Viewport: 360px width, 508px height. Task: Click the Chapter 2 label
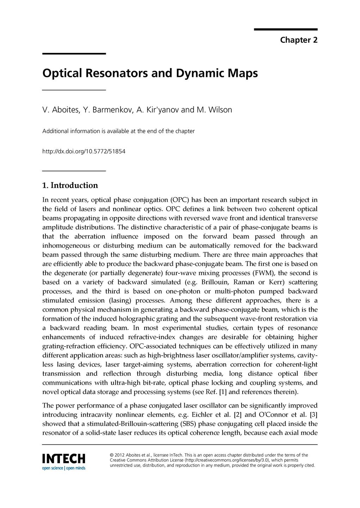point(299,40)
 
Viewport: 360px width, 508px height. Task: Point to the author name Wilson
point(220,110)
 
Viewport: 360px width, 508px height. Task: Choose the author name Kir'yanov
point(162,110)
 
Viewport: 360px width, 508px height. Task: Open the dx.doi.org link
point(84,152)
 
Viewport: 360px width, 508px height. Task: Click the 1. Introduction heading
point(70,186)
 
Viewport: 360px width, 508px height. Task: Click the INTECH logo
point(64,459)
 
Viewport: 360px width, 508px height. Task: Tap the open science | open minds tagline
point(64,468)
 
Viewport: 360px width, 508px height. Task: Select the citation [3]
point(313,415)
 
